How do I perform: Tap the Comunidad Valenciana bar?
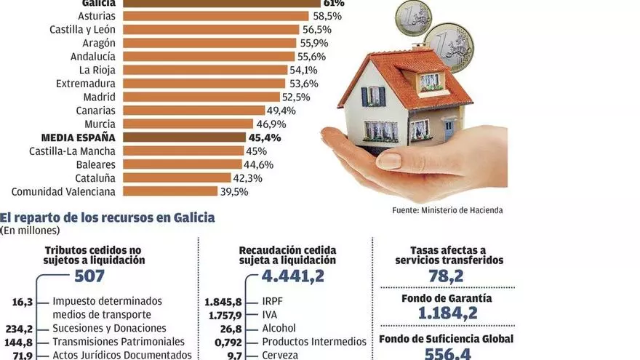pos(170,191)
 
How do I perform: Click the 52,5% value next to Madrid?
pos(297,97)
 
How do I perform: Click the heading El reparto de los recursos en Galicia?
pos(108,217)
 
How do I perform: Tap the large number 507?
pos(89,276)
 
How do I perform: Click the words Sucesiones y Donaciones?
pos(109,328)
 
